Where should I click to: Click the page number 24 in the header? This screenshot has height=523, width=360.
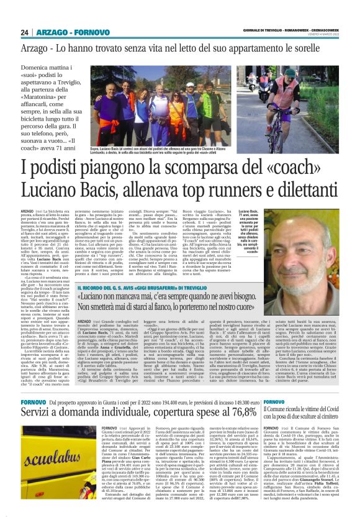point(24,32)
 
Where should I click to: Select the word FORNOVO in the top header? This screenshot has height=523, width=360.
point(92,32)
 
